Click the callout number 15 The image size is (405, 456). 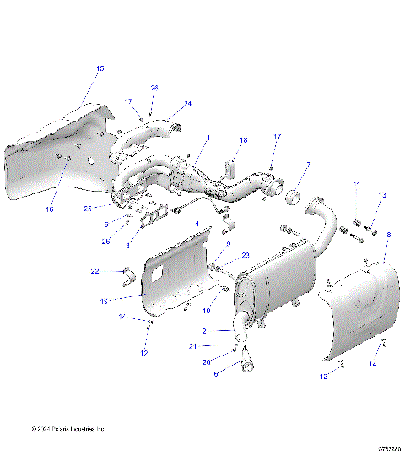pos(100,68)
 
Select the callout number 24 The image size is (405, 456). pos(187,104)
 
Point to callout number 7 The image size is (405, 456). pos(308,165)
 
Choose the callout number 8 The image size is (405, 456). pos(387,235)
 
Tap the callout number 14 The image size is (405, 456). pos(373,363)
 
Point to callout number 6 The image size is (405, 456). pos(215,372)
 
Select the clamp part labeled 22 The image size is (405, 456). pos(127,274)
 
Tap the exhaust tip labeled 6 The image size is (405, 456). pos(251,365)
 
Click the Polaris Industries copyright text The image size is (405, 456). pos(67,428)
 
